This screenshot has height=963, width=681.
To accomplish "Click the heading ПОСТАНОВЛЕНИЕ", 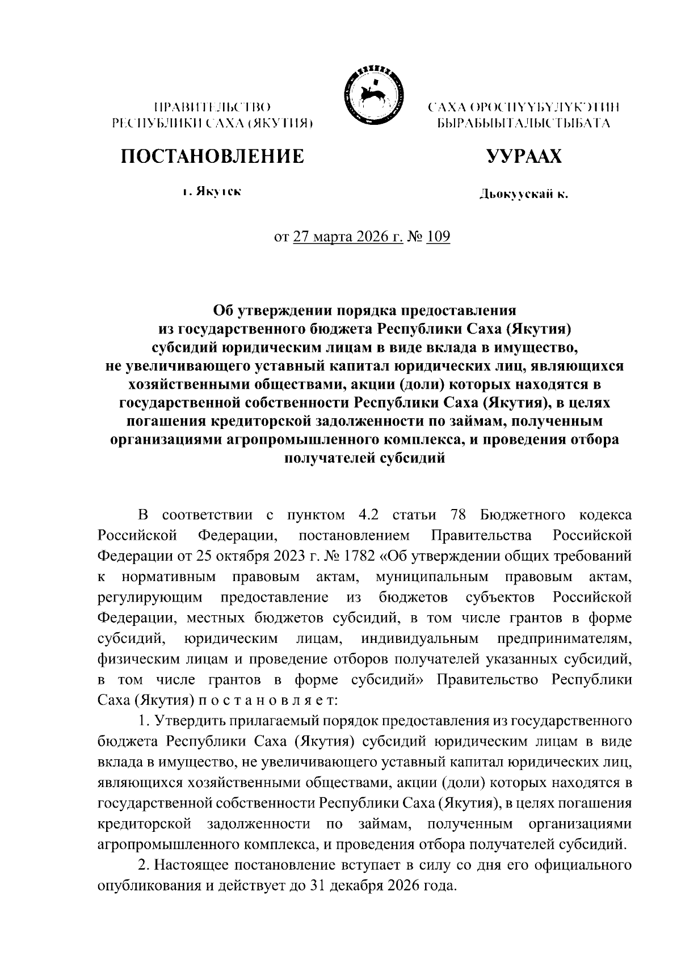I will click(212, 156).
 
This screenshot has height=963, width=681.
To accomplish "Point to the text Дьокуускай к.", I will click(523, 195).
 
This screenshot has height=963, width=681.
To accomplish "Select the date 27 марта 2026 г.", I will click(348, 237).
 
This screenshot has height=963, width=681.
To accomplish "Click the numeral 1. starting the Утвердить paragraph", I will click(143, 721).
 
